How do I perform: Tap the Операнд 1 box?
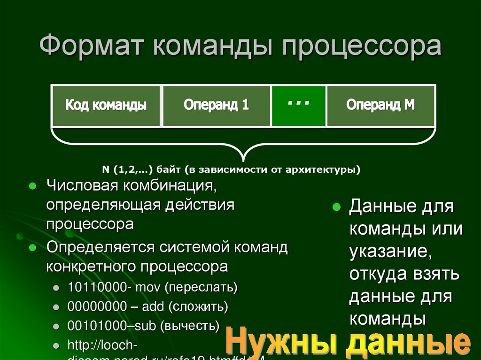click(216, 105)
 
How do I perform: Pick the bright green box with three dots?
click(298, 105)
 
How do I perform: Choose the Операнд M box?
click(380, 105)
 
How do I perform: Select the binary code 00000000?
click(96, 307)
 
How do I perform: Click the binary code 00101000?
click(96, 326)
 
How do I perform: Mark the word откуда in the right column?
click(378, 274)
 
